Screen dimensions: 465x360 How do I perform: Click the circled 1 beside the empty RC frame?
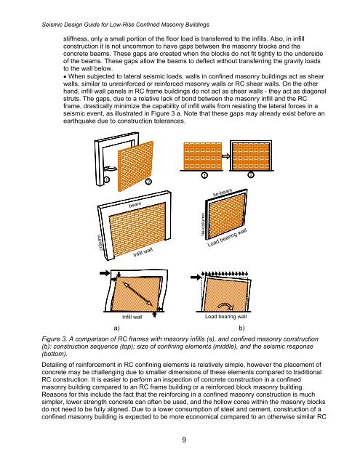point(106,179)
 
